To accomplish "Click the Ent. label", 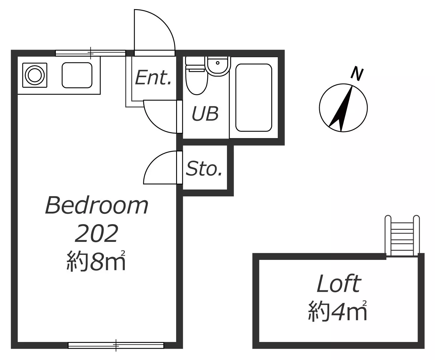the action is (153, 78).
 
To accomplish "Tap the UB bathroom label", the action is (205, 114).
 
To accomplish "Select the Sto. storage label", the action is (204, 168).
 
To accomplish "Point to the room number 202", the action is (97, 234).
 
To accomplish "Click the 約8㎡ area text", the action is (96, 261).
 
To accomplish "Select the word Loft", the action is (339, 284).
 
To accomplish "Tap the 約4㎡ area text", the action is (337, 311).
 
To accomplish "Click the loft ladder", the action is (402, 236).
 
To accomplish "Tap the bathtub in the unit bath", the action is (254, 98).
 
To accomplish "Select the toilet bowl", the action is (197, 80).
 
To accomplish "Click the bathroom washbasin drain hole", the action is (218, 63).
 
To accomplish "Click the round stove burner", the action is (35, 75).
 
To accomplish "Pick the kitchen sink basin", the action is (77, 75).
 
